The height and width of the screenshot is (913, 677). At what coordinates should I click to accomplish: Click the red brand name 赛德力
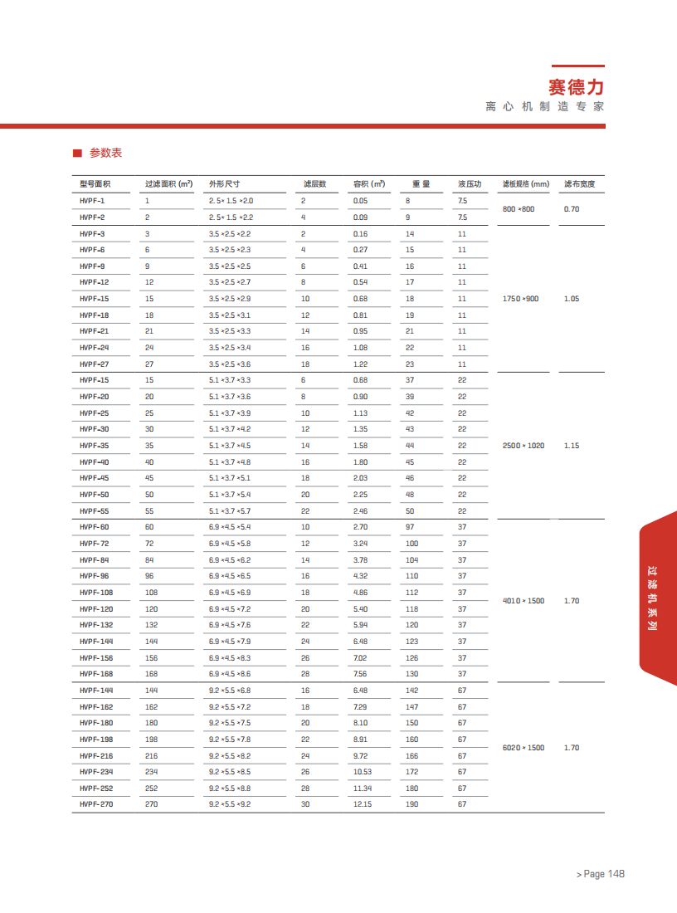[576, 86]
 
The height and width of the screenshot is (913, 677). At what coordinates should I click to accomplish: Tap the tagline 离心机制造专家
[545, 107]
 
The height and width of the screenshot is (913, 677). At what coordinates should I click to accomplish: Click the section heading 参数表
[105, 153]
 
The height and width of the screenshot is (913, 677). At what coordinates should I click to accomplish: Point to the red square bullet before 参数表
[76, 153]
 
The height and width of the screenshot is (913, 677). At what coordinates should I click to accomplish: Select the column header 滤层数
[314, 184]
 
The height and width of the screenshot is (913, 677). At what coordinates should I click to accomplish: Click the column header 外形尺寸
[223, 184]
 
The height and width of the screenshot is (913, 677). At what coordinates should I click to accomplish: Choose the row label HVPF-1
[92, 201]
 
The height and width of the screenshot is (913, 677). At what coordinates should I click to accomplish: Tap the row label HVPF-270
[95, 804]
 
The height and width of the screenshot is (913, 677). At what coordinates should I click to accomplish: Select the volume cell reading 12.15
[362, 804]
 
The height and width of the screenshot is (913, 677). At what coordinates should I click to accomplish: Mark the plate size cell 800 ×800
[519, 209]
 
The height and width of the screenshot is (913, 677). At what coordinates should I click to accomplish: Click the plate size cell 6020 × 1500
[524, 748]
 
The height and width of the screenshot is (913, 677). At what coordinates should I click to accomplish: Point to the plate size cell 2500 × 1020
[524, 446]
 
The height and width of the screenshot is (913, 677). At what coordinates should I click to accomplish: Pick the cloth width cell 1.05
[571, 299]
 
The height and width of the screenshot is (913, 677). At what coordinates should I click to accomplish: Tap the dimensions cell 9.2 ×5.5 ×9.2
[230, 804]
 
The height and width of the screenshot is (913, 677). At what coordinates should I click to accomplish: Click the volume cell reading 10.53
[362, 772]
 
